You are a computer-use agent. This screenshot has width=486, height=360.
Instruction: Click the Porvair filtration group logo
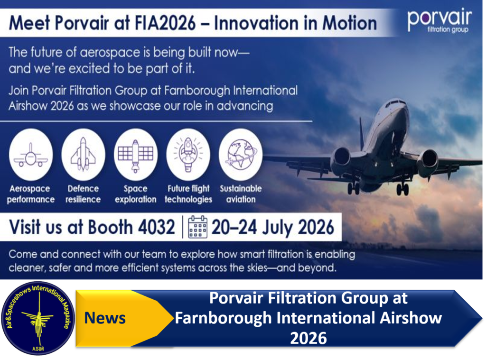point(439,20)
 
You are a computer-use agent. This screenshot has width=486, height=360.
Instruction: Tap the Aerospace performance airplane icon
point(31,155)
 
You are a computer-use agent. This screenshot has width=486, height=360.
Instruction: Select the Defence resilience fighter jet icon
point(83,155)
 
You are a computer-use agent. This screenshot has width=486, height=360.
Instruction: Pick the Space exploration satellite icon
point(136,155)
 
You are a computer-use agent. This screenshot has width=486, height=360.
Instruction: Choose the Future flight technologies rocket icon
point(188,155)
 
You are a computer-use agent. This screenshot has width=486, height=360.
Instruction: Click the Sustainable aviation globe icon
point(241,155)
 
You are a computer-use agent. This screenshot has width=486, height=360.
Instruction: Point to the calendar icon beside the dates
point(198,227)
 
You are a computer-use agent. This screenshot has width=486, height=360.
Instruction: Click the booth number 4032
point(157,227)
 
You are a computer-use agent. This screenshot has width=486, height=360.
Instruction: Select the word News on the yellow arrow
point(105,318)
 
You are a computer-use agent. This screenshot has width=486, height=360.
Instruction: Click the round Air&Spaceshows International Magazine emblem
point(38,318)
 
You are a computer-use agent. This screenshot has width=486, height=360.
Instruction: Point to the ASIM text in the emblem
point(38,349)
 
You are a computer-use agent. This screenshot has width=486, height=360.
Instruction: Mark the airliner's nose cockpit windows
point(394,103)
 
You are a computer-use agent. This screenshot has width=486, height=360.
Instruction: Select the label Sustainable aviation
point(241,194)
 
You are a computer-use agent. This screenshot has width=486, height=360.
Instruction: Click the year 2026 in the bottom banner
point(308,338)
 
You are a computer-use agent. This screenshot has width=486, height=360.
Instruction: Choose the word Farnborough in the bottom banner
point(223,318)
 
